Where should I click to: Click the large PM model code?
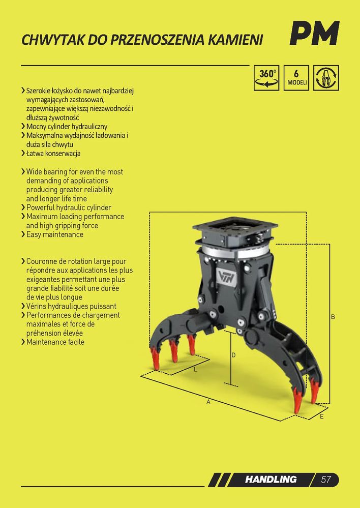(x=314, y=34)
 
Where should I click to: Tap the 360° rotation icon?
(x=266, y=78)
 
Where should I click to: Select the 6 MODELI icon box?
(x=296, y=78)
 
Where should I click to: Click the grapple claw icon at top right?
(x=326, y=78)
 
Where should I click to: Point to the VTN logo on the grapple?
(x=225, y=278)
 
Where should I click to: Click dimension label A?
(x=208, y=402)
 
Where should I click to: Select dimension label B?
(x=333, y=317)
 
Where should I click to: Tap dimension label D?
(x=233, y=355)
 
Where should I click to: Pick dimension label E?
(x=321, y=416)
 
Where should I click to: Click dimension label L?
(x=195, y=369)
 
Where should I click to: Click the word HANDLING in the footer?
(x=271, y=479)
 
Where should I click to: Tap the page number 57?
(x=326, y=479)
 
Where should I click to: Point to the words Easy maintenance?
(x=55, y=234)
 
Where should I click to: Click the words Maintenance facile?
(x=55, y=342)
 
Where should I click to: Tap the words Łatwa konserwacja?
(x=53, y=153)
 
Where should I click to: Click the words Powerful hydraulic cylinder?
(x=69, y=207)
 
